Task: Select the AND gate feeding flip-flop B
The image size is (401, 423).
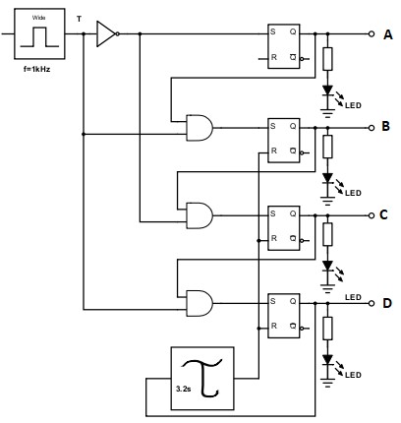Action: point(199,127)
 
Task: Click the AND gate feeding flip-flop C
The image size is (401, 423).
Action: point(199,213)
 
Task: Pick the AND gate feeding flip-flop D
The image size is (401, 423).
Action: point(199,300)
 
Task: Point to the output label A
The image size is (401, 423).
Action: point(387,34)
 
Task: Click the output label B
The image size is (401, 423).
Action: point(386,128)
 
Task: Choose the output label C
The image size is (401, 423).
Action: point(386,214)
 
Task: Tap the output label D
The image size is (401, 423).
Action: point(386,302)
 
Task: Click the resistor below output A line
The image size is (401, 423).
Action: point(327,58)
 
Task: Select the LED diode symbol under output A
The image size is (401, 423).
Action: point(327,92)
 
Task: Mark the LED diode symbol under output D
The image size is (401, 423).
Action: point(327,362)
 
